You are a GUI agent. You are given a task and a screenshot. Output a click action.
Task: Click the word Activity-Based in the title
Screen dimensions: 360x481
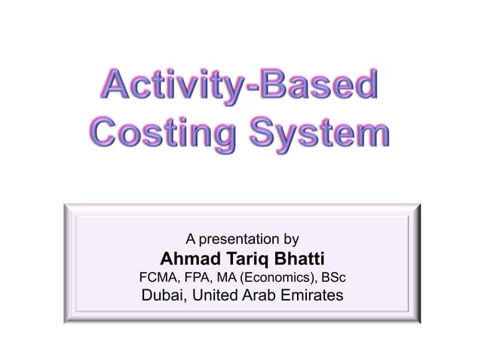point(240,90)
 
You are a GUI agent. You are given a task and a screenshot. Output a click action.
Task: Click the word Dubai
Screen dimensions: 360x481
point(164,297)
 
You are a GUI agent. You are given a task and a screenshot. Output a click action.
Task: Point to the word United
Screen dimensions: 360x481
point(216,297)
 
